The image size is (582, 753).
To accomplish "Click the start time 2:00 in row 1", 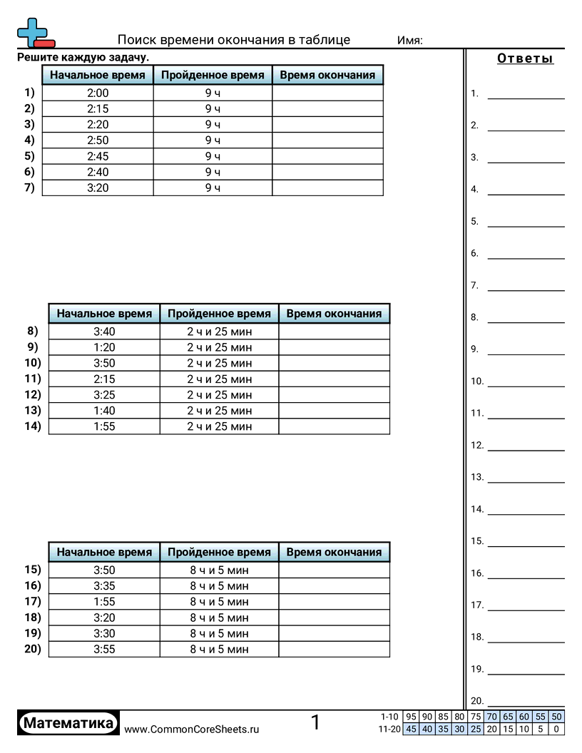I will point(98,93).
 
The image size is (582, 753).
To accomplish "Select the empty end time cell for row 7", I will point(327,188).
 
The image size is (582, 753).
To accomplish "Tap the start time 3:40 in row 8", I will point(104,331).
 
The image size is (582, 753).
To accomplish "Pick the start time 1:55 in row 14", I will point(104,426).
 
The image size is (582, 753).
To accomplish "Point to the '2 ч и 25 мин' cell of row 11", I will point(219,379).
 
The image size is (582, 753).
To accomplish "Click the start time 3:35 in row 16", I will point(104,586).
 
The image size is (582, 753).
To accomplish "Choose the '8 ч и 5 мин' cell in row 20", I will point(219,649).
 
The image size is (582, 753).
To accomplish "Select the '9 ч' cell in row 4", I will point(213,140).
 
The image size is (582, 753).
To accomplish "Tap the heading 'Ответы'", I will point(525,58).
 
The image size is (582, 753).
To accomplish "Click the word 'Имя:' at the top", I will point(409,41).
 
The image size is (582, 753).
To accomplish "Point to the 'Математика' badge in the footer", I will point(68,723).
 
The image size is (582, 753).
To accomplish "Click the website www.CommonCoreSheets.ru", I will point(192,729).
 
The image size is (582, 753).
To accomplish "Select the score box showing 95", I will point(411,717).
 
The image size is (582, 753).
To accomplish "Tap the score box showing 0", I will point(557,729).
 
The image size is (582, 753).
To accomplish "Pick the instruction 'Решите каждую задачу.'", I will point(83,57).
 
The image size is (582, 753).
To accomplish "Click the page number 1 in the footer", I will point(315,722).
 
